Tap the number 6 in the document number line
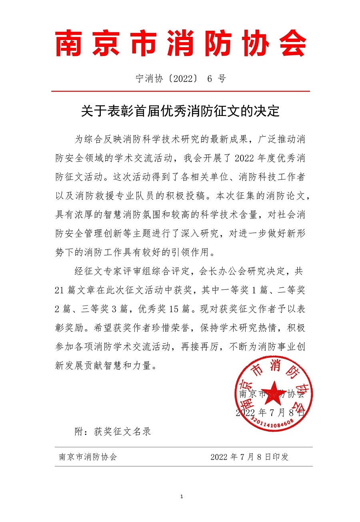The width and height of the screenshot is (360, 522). [210, 79]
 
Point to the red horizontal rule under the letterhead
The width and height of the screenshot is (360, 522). [180, 92]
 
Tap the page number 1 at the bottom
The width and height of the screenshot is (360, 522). [182, 496]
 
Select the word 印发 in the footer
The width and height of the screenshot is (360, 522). [280, 457]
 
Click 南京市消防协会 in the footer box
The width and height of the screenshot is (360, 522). [88, 457]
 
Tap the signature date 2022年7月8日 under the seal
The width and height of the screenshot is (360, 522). [270, 412]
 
